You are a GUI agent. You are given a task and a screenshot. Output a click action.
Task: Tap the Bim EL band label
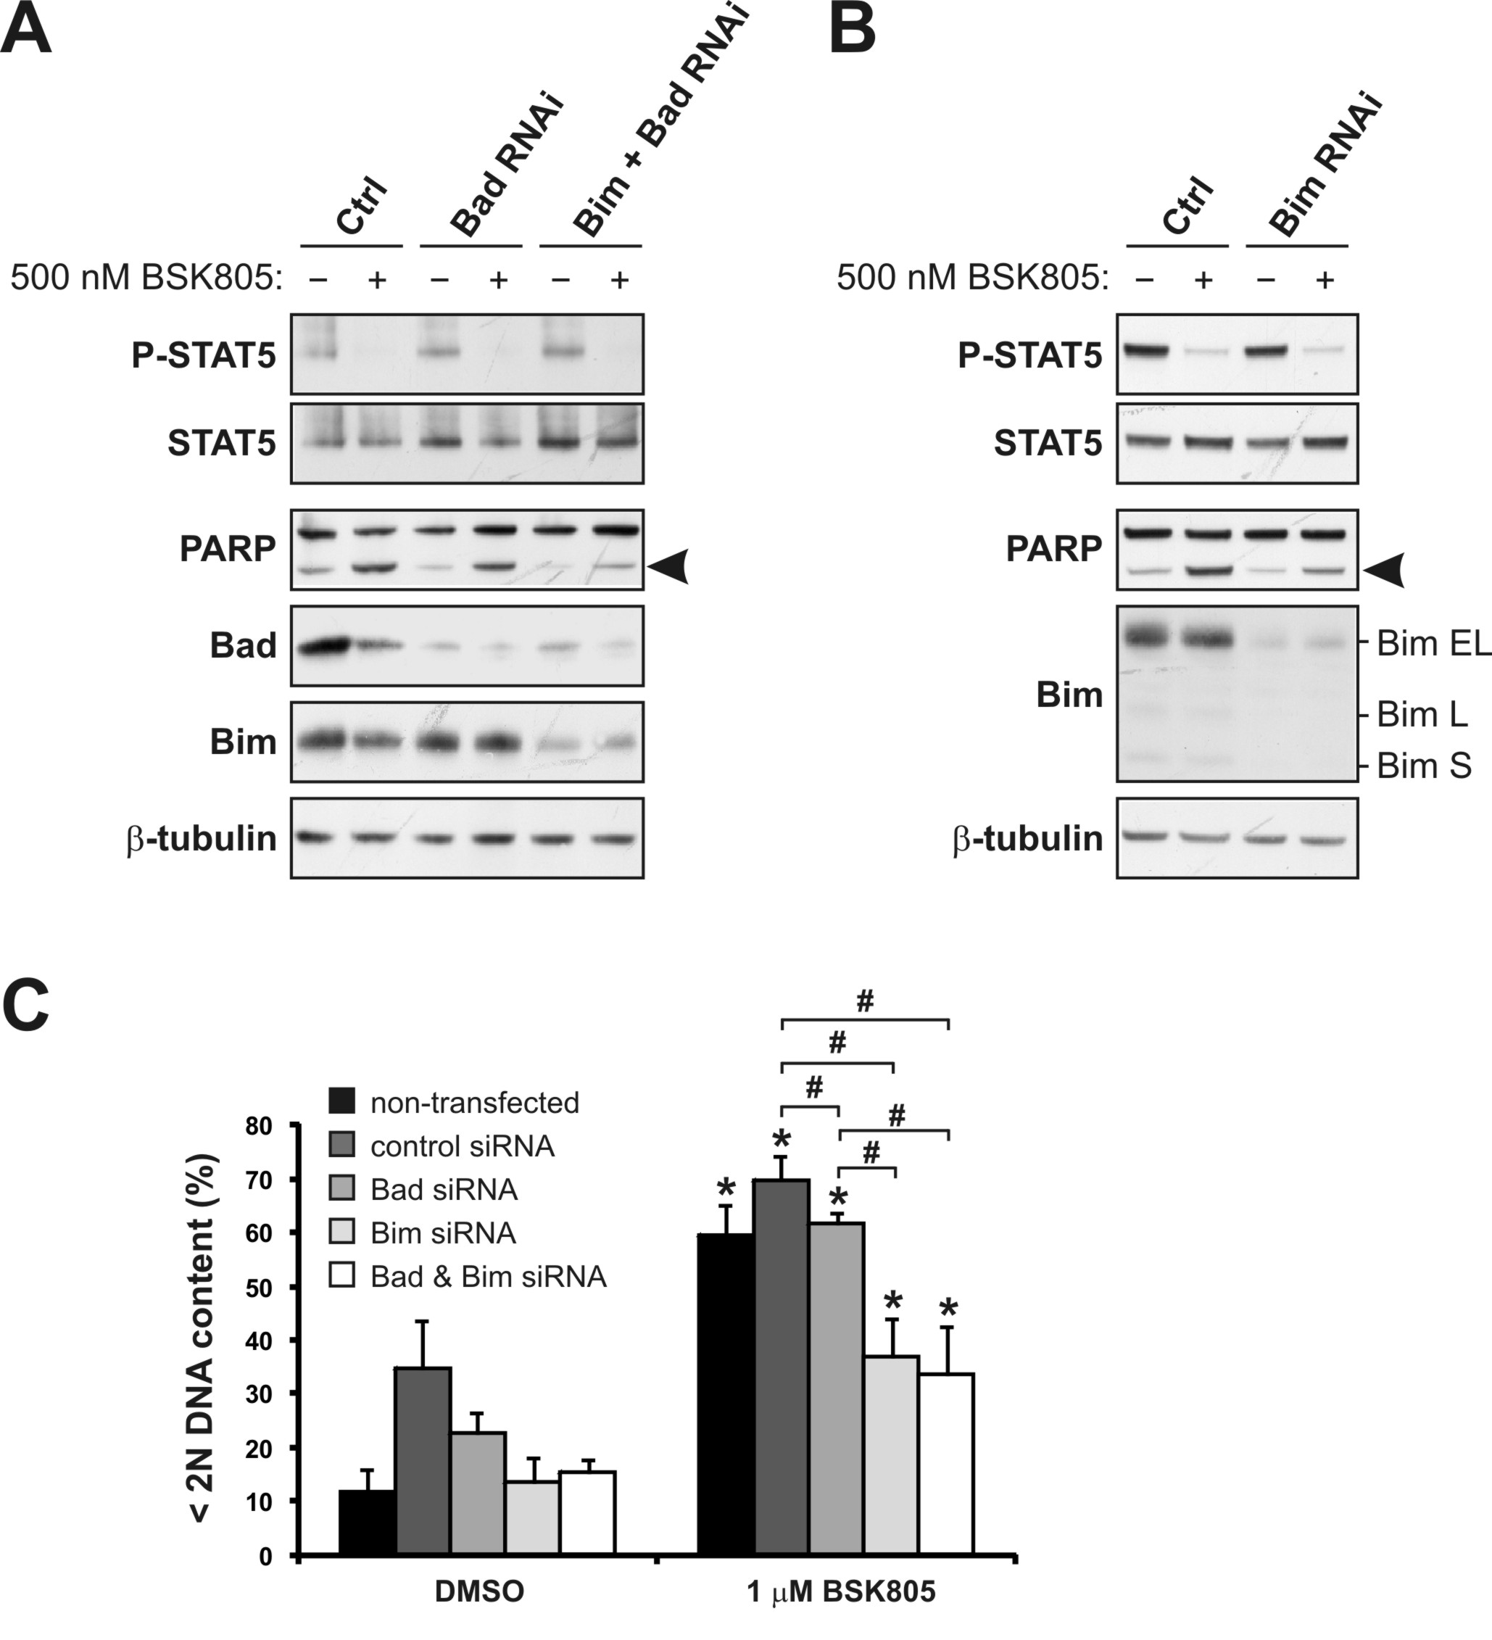(1433, 644)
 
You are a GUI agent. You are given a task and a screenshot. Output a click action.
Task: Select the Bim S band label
(1424, 766)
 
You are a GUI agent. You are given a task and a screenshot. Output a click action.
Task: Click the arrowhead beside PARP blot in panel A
(670, 566)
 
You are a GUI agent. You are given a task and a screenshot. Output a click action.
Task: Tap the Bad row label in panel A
(242, 645)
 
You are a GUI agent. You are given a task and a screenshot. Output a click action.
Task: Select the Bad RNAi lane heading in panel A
(507, 166)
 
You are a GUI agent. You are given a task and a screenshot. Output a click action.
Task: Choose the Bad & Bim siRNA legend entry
(468, 1276)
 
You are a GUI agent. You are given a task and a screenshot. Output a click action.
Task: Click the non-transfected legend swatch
(341, 1102)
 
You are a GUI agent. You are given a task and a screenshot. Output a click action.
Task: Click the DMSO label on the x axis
(479, 1591)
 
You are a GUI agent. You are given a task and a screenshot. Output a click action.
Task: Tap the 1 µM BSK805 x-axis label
(841, 1591)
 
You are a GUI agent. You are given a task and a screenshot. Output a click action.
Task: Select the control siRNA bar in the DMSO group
(423, 1461)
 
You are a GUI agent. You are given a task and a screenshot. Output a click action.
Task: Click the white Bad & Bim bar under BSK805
(946, 1465)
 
